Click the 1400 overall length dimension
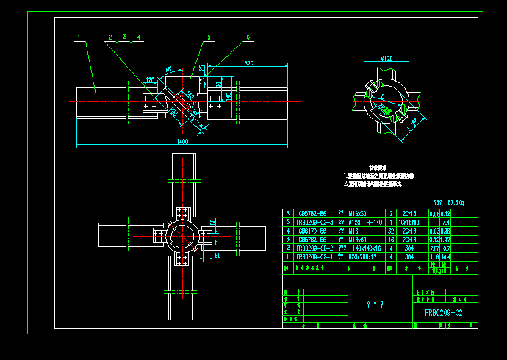(182, 140)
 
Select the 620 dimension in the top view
(248, 64)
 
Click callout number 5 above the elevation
(209, 36)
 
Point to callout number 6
(248, 36)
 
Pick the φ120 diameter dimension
(386, 57)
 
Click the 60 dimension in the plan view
(218, 256)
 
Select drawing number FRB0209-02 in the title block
(443, 313)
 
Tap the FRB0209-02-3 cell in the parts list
(314, 221)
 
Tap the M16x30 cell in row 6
(361, 212)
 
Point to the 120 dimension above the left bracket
(150, 79)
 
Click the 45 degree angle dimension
(169, 71)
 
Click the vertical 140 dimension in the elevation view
(228, 96)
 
